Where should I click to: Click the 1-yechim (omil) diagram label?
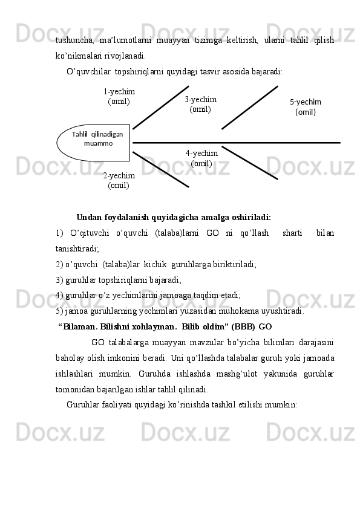point(119,96)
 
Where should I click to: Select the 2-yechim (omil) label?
point(119,180)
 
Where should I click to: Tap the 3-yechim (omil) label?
point(200,104)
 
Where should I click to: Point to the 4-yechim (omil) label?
point(201,158)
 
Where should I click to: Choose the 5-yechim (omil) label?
point(305,107)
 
